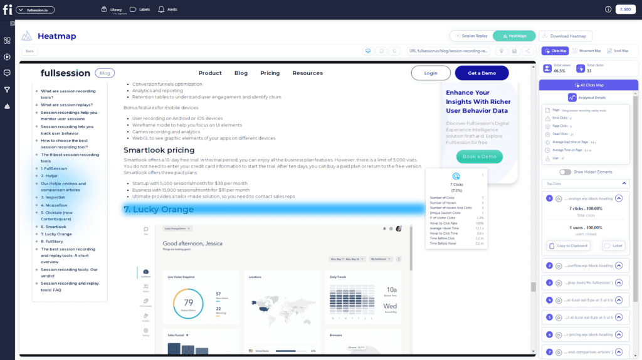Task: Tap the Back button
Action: coord(29,51)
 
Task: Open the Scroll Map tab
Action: coord(618,51)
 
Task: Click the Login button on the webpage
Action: coord(431,73)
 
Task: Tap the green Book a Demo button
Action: coord(479,156)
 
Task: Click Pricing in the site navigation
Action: coord(270,73)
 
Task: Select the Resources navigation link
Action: coord(307,73)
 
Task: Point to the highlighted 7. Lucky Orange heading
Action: coord(159,209)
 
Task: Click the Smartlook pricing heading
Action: coord(159,150)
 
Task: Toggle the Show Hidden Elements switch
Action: coord(566,172)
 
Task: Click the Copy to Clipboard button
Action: coord(568,246)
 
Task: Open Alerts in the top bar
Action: coord(167,10)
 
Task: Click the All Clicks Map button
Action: coord(584,85)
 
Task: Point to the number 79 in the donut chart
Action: coord(188,302)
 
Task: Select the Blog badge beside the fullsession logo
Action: coord(105,73)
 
